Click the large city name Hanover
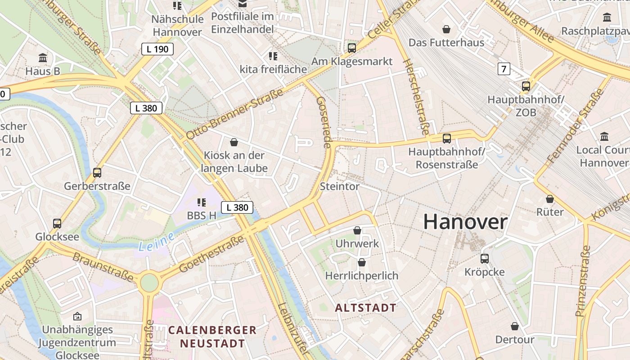pyautogui.click(x=465, y=222)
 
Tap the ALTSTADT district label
pyautogui.click(x=366, y=308)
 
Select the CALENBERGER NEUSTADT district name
pyautogui.click(x=212, y=337)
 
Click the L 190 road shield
pyautogui.click(x=157, y=49)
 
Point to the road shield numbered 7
pyautogui.click(x=504, y=69)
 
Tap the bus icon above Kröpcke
pyautogui.click(x=484, y=259)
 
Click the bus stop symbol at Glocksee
pyautogui.click(x=57, y=223)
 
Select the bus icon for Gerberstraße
pyautogui.click(x=97, y=172)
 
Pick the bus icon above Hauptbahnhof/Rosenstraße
pyautogui.click(x=446, y=138)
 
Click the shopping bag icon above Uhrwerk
pyautogui.click(x=357, y=230)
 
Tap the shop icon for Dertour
pyautogui.click(x=515, y=326)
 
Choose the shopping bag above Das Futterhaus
pyautogui.click(x=446, y=29)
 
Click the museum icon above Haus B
pyautogui.click(x=43, y=58)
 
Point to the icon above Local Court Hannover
pyautogui.click(x=604, y=136)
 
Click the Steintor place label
pyautogui.click(x=340, y=186)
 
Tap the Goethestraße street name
pyautogui.click(x=211, y=254)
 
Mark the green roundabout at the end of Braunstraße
pyautogui.click(x=149, y=283)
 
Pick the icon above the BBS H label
pyautogui.click(x=201, y=202)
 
